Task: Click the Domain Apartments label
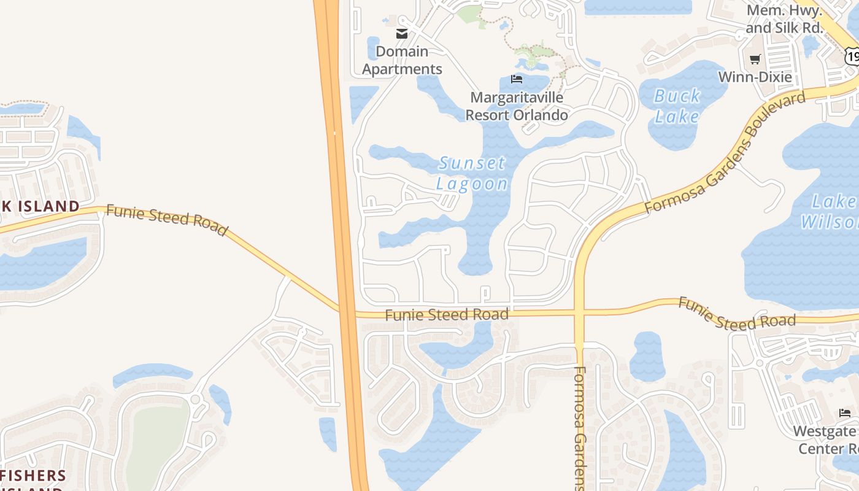coord(402,60)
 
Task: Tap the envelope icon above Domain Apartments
coord(402,34)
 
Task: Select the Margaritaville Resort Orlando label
coord(517,106)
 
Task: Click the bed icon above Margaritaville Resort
coord(517,79)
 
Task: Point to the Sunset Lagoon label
coord(472,173)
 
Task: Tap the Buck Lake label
coord(677,106)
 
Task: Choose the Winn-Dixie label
coord(755,77)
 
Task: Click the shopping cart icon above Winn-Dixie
coord(755,60)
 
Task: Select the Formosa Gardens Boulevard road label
coord(725,153)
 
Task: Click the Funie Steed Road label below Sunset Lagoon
coord(447,315)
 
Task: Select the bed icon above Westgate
coord(845,412)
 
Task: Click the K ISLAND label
coord(40,206)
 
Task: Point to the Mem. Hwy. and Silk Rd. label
coord(784,19)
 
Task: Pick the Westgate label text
coord(824,431)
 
